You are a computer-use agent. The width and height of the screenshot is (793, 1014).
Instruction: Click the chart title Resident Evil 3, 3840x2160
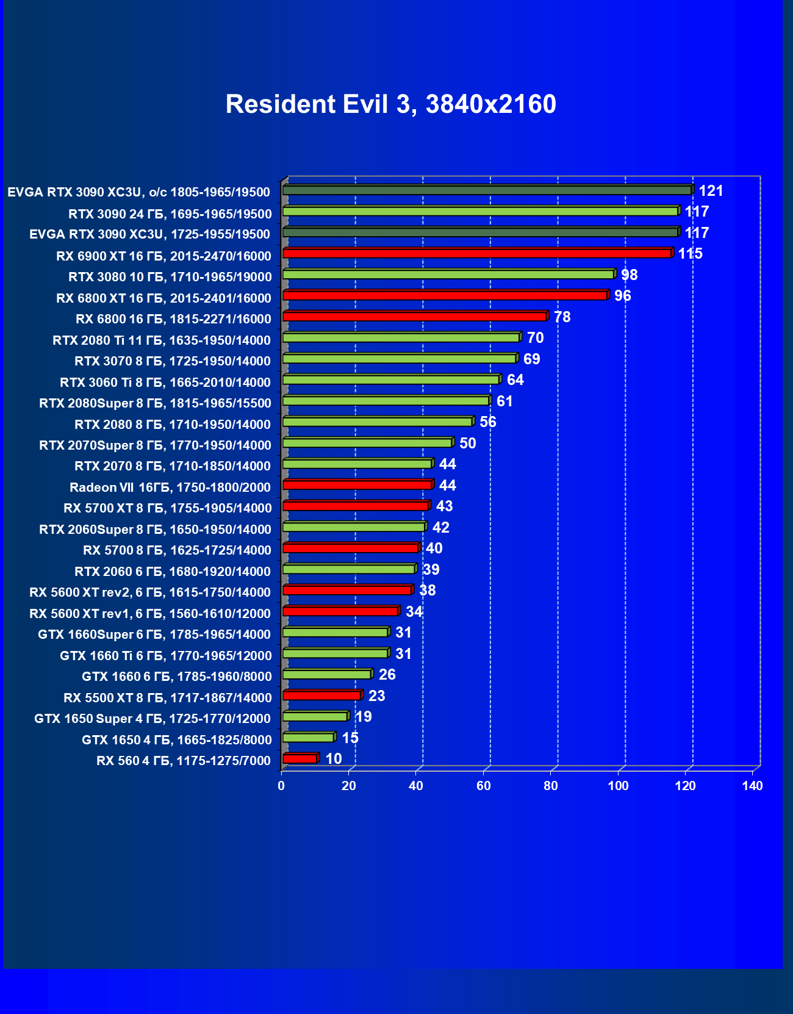390,104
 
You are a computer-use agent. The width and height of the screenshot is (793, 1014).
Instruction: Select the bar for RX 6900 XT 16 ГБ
477,253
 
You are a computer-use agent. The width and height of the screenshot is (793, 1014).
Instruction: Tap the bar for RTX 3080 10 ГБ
448,275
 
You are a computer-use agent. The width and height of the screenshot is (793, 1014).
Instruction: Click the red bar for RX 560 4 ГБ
300,758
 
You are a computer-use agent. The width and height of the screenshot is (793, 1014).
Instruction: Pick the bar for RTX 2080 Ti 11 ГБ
401,337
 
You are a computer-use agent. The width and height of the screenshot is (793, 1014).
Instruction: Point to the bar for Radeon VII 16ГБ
357,485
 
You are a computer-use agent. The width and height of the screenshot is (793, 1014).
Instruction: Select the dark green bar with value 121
487,190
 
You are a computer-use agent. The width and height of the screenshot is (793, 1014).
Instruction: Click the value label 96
622,296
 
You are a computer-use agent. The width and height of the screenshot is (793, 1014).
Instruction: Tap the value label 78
562,317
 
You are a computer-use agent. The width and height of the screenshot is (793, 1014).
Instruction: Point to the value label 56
487,422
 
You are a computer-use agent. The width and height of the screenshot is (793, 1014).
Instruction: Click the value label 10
333,759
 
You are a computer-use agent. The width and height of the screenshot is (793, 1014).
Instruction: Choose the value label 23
376,696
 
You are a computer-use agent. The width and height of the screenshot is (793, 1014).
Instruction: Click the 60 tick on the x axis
483,786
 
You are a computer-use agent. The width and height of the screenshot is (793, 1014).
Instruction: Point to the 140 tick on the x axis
752,786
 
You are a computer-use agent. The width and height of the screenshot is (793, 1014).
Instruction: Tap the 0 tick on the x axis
281,786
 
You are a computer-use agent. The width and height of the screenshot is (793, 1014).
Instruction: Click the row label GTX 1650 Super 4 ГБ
152,719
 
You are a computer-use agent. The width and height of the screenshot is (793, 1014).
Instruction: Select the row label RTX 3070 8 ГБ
173,361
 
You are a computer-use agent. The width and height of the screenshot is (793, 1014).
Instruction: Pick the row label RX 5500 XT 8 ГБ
168,697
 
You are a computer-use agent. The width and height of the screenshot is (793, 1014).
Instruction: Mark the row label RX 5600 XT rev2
150,592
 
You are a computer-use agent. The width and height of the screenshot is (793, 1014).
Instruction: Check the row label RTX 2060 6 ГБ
173,572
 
